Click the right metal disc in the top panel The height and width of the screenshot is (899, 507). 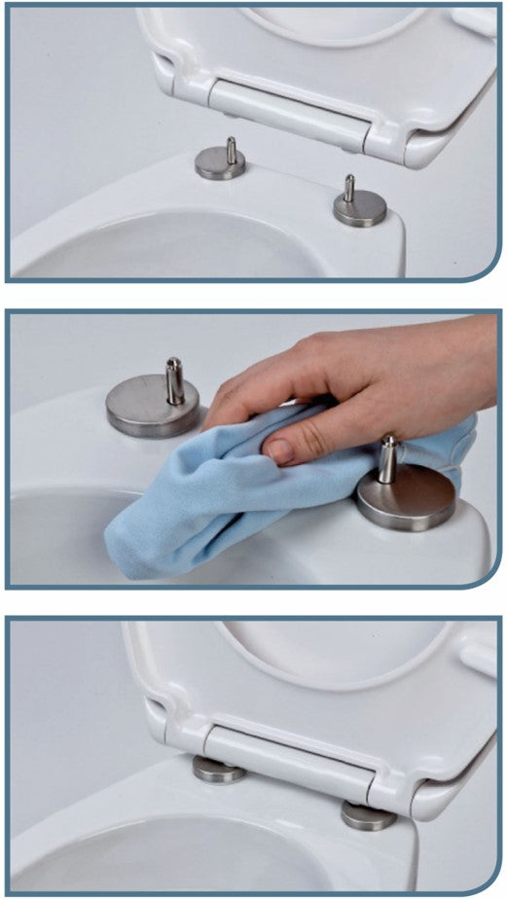click(359, 209)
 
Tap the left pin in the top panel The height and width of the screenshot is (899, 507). click(230, 148)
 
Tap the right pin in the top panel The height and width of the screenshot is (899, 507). click(349, 188)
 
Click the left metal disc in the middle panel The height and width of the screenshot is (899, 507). click(152, 408)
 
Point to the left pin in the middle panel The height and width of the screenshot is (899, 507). click(174, 379)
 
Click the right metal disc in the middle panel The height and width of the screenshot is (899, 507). click(406, 498)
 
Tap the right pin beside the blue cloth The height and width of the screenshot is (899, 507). click(387, 456)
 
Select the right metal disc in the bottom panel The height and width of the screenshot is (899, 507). click(368, 815)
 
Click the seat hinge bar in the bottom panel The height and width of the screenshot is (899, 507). click(287, 754)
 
